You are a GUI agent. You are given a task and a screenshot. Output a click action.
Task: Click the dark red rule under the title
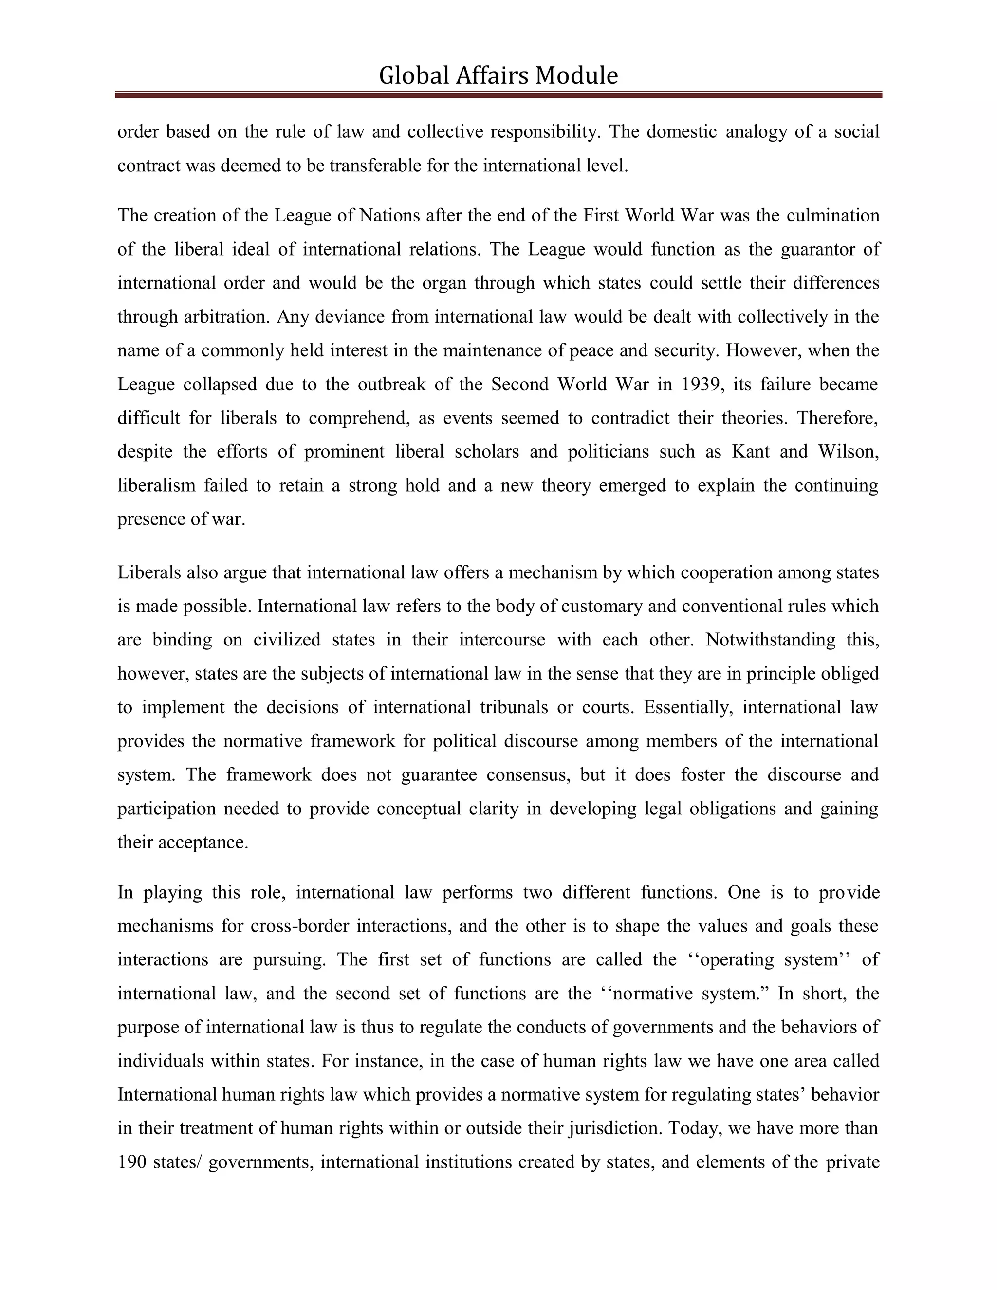click(498, 94)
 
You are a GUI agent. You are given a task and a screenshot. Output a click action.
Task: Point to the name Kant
click(751, 452)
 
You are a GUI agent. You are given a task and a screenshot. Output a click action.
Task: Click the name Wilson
click(848, 452)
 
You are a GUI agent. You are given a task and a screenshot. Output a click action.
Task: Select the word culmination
click(833, 216)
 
